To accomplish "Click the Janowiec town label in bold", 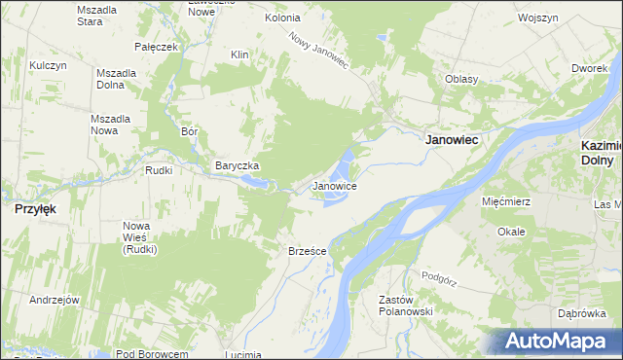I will [x=453, y=140].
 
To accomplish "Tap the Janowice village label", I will [x=334, y=185].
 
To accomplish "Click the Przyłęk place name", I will [x=34, y=208].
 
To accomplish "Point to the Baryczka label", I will [x=237, y=165].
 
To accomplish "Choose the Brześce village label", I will [x=307, y=251].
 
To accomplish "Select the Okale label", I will [x=511, y=232].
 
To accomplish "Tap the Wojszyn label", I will [x=537, y=18].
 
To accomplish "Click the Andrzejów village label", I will [x=54, y=300].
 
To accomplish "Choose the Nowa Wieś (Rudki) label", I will [x=140, y=237].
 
